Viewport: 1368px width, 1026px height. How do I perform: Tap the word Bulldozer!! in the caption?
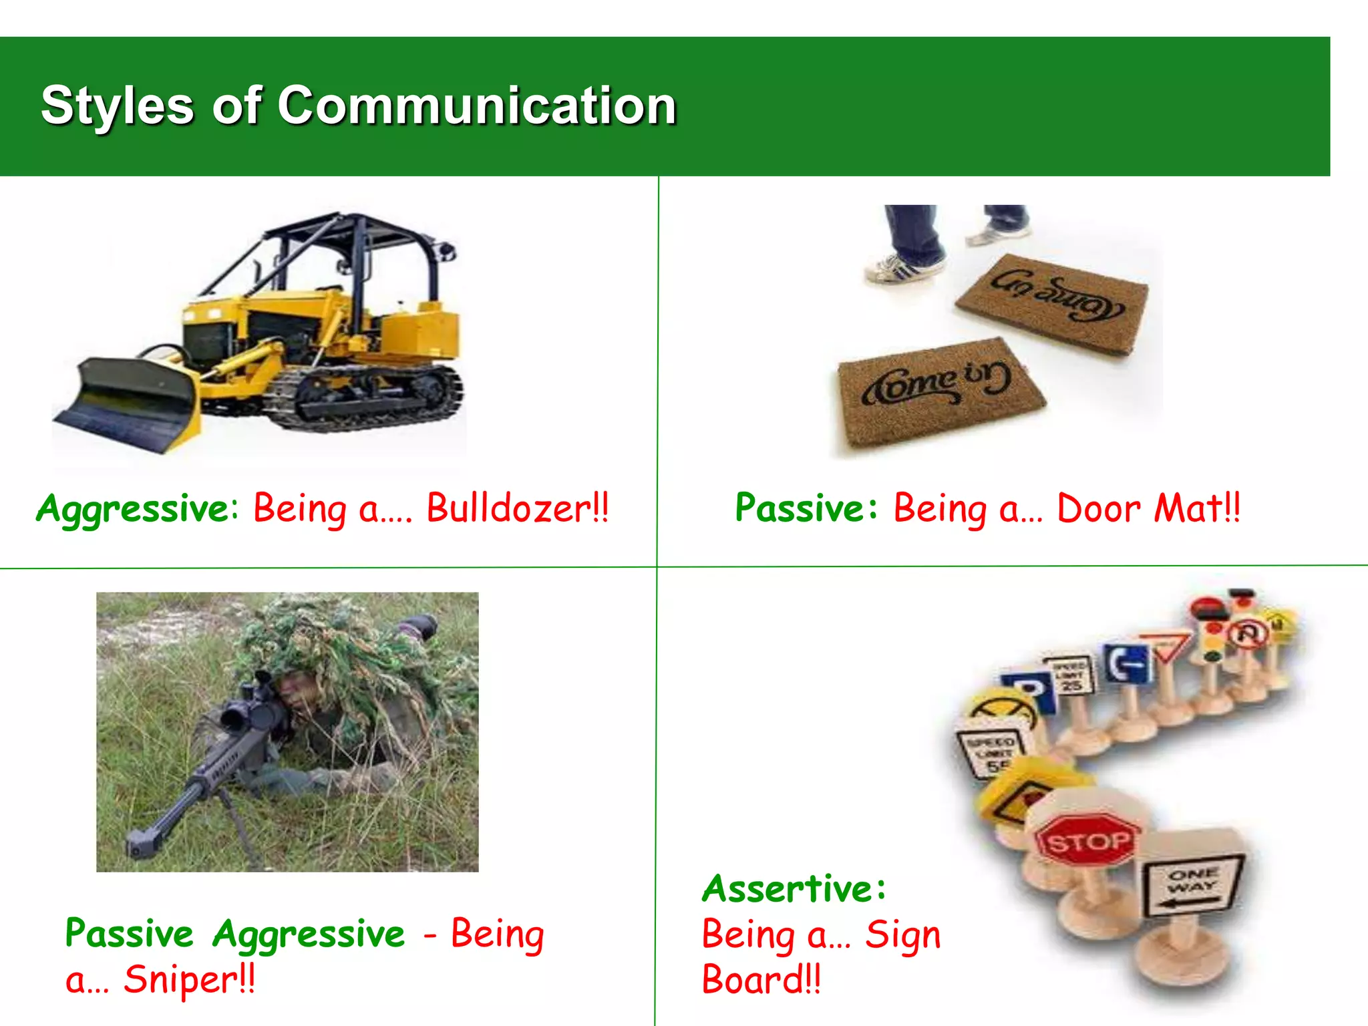pyautogui.click(x=517, y=508)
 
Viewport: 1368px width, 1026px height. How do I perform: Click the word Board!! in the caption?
pyautogui.click(x=761, y=980)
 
